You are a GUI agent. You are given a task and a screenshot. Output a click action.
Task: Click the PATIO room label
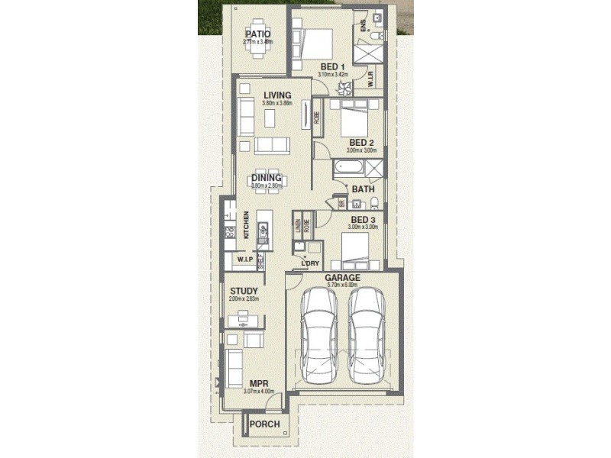pyautogui.click(x=257, y=34)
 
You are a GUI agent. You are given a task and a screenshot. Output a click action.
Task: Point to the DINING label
pyautogui.click(x=267, y=178)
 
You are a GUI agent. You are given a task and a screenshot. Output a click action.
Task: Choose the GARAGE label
pyautogui.click(x=342, y=278)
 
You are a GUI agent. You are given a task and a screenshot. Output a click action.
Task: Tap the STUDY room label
pyautogui.click(x=244, y=291)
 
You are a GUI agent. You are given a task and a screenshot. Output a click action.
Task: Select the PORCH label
pyautogui.click(x=265, y=424)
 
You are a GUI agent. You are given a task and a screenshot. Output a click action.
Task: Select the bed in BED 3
pyautogui.click(x=356, y=248)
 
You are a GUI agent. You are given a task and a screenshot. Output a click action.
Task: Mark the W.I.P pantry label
pyautogui.click(x=244, y=260)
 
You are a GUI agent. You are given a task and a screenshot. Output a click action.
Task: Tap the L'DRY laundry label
pyautogui.click(x=309, y=263)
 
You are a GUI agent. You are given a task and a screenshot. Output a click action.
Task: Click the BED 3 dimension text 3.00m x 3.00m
pyautogui.click(x=361, y=227)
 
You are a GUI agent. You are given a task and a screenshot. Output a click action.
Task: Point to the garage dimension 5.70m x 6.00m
pyautogui.click(x=342, y=285)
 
